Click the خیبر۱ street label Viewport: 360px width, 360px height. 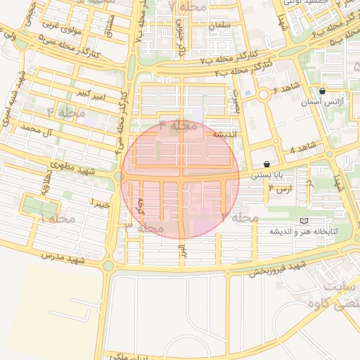tap(99, 202)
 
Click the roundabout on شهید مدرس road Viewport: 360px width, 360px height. tap(108, 266)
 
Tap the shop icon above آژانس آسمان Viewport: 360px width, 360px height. tap(322, 91)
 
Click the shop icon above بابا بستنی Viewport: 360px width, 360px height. tap(266, 162)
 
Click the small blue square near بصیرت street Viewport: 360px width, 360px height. tap(247, 93)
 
